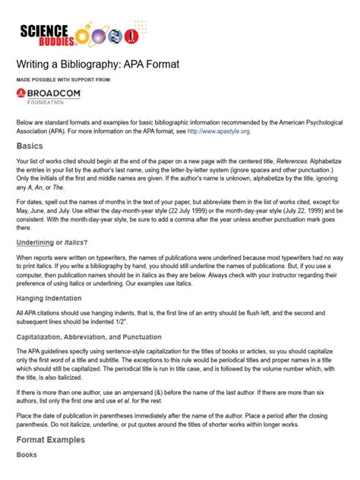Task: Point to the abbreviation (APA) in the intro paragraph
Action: click(x=65, y=131)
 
